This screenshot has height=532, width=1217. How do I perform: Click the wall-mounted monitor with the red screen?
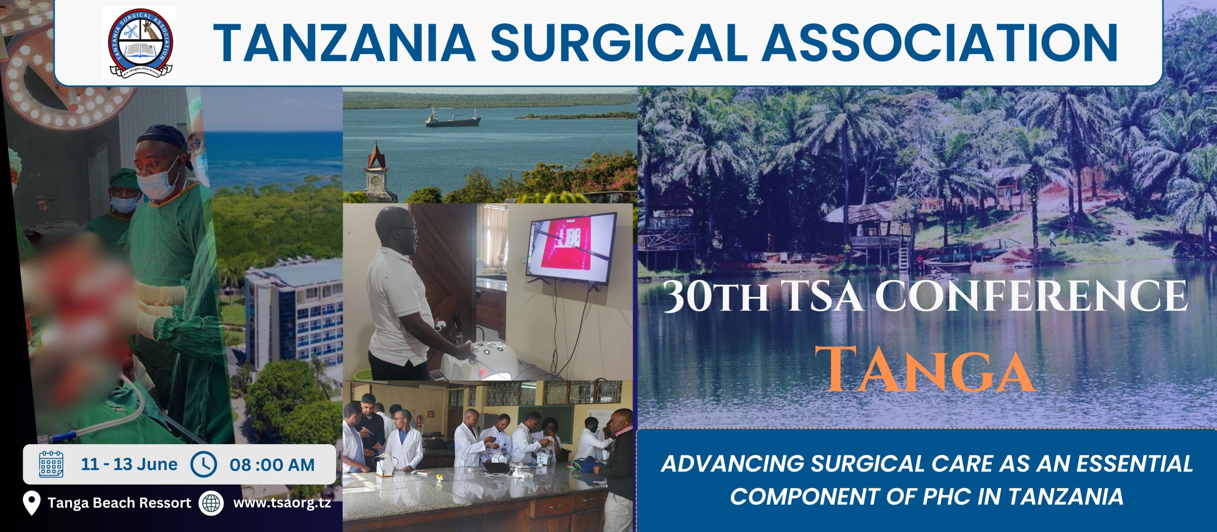click(x=570, y=248)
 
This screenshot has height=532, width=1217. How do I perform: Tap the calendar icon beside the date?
click(x=51, y=464)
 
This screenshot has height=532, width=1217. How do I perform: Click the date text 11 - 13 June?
click(x=129, y=464)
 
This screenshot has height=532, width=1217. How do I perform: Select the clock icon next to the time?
click(x=204, y=464)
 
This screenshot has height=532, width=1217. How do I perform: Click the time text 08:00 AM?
click(x=272, y=465)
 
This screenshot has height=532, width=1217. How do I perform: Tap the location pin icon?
click(x=31, y=503)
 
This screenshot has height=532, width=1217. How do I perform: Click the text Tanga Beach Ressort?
click(x=119, y=503)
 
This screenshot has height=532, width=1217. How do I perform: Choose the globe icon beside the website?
click(x=211, y=503)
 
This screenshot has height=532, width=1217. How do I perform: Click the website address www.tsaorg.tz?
click(x=282, y=503)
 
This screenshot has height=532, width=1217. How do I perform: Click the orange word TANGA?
click(x=926, y=370)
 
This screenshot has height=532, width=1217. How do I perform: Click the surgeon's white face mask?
click(x=159, y=181)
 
